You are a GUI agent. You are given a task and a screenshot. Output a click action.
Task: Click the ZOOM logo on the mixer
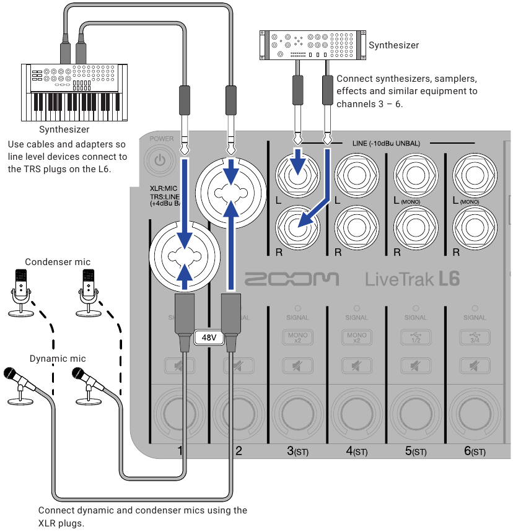292,279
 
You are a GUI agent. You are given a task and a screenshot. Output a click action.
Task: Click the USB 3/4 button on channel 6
475,338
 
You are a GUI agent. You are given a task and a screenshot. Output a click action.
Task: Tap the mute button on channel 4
356,365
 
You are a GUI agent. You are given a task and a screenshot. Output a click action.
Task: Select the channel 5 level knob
416,412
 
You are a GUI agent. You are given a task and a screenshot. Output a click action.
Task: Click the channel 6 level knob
475,412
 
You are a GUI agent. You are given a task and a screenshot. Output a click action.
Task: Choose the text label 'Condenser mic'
58,262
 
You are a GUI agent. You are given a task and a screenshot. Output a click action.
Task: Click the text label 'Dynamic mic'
58,359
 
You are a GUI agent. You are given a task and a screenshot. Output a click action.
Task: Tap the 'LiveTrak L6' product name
412,279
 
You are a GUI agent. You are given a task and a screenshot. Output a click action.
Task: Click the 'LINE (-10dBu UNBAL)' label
386,144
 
